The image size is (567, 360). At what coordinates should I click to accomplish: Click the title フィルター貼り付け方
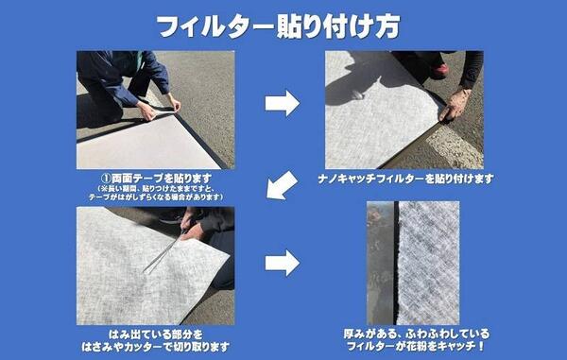point(279,26)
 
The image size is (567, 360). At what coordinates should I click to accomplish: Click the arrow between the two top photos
point(282,103)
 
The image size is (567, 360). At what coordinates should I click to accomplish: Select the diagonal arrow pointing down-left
point(282,185)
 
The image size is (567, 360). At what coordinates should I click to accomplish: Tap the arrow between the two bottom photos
point(282,263)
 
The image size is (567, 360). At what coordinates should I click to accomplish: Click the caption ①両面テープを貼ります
point(156,179)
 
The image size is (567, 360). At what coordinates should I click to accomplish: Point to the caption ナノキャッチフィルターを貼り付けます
point(405,179)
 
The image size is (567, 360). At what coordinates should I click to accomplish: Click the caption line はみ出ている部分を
point(156,334)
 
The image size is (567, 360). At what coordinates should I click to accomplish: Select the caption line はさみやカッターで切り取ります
point(156,347)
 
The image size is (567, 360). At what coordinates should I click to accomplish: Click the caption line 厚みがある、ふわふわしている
point(416,334)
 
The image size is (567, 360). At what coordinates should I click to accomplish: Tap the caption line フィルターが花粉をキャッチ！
point(416,346)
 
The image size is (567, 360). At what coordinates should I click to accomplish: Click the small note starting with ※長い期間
point(156,193)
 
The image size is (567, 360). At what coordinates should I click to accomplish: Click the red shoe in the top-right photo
point(438,70)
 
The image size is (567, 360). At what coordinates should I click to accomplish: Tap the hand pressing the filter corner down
point(455,105)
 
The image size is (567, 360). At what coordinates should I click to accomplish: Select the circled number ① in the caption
point(105,179)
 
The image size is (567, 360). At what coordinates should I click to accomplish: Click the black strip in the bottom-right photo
point(396,263)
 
